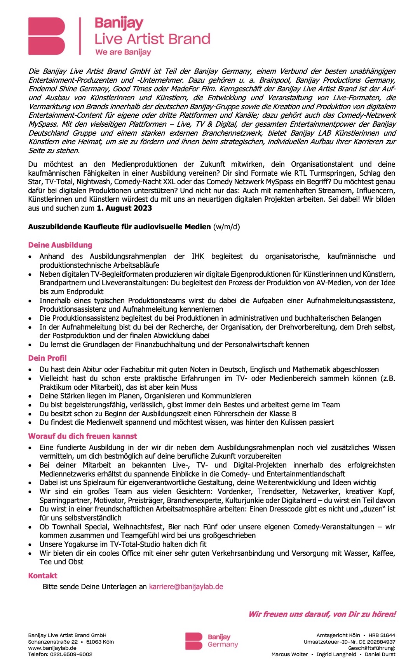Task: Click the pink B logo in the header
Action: (47, 36)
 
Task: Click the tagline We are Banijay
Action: (123, 52)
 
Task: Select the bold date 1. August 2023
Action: (124, 208)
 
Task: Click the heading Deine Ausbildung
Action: (60, 245)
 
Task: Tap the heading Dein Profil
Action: (47, 358)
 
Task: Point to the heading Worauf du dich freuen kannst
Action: (82, 436)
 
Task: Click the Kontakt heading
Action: (43, 576)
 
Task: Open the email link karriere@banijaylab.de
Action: (186, 586)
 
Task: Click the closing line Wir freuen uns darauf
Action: (322, 614)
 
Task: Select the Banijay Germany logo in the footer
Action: (211, 641)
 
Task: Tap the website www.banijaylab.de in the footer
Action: (52, 648)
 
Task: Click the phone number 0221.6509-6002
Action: (71, 654)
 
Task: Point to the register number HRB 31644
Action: (382, 635)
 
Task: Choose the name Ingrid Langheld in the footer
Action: (336, 654)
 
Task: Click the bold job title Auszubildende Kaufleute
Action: (119, 227)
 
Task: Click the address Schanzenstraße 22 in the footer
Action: (53, 642)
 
